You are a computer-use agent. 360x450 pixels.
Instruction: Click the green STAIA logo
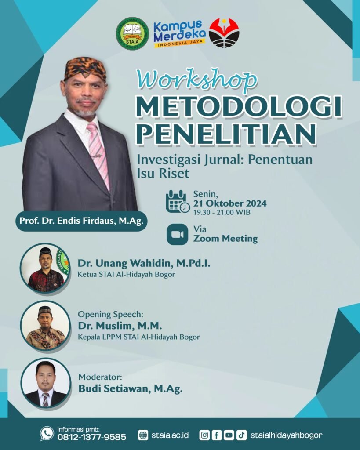[132, 33]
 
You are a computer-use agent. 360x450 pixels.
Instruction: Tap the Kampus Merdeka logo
[179, 34]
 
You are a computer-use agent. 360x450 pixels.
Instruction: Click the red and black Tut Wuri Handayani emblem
[224, 33]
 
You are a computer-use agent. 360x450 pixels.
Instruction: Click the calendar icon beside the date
[178, 201]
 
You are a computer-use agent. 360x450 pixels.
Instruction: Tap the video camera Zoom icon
[178, 235]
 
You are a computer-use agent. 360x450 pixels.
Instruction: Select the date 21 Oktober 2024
[230, 203]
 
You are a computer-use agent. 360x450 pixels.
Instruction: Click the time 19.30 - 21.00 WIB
[222, 213]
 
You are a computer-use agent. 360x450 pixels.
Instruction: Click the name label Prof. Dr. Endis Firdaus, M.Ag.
[81, 221]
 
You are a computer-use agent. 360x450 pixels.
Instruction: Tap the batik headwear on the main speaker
[85, 69]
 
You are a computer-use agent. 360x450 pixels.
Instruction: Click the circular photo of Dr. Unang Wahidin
[45, 268]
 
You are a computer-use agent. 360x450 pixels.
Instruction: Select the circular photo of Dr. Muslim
[45, 326]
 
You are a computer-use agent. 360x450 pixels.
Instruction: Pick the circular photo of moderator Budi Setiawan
[45, 383]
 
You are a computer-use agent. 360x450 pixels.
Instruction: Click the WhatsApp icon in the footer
[47, 433]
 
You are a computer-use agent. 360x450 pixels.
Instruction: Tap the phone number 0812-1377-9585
[92, 437]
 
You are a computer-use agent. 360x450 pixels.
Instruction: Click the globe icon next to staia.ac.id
[143, 435]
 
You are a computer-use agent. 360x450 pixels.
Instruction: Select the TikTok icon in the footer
[241, 435]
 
